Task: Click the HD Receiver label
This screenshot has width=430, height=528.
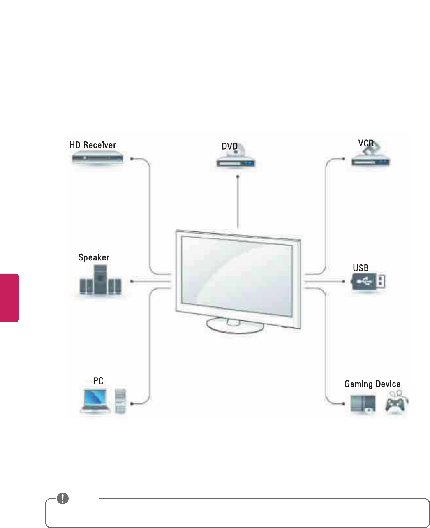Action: point(93,145)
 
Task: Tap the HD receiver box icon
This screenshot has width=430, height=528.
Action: point(97,159)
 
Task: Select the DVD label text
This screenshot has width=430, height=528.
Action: point(229,146)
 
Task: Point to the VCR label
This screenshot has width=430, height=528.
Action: point(366,143)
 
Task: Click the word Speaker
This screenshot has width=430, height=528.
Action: point(94,257)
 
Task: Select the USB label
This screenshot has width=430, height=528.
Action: point(361,268)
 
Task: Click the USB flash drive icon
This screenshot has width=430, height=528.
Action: point(368,282)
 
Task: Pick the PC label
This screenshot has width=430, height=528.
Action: point(98,381)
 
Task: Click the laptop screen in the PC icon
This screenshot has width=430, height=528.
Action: point(95,398)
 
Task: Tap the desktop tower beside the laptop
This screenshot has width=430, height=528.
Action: point(121,401)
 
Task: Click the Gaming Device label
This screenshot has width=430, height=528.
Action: point(372,384)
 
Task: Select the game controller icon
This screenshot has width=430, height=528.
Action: point(395,403)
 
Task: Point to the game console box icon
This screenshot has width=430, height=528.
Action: point(363,404)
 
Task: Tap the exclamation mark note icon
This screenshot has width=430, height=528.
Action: point(62,498)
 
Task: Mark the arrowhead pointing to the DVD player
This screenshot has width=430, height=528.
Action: point(238,176)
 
